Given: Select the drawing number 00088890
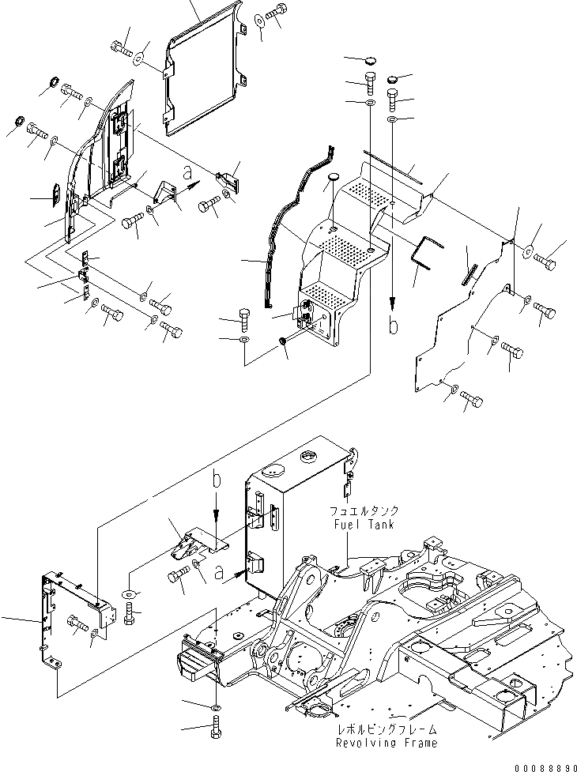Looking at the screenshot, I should tap(543, 764).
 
